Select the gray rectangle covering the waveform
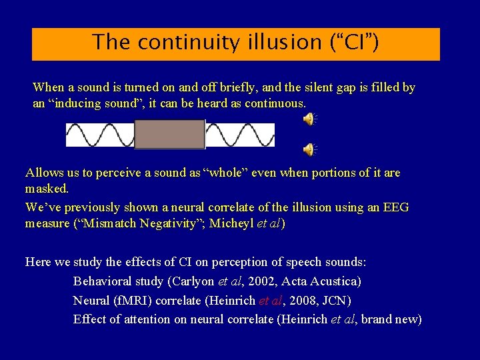[x=169, y=134]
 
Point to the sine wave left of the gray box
[x=100, y=135]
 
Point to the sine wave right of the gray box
[x=240, y=135]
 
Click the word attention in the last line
[x=144, y=319]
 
